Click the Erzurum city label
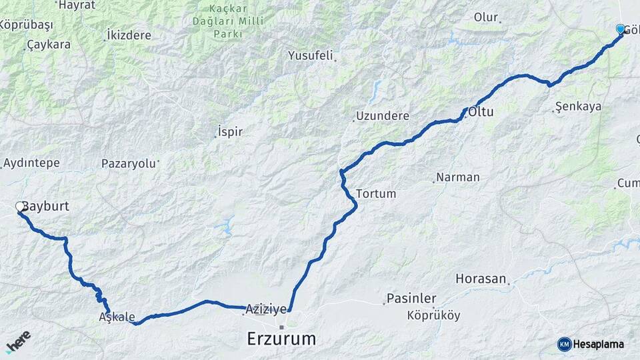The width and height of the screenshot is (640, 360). click(x=281, y=339)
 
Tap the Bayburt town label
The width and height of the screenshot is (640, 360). click(x=46, y=207)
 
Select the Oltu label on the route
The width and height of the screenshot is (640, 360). click(x=481, y=112)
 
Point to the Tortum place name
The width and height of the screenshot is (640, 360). click(x=376, y=194)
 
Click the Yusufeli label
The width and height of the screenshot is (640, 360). click(x=310, y=55)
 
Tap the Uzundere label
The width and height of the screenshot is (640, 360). click(x=382, y=116)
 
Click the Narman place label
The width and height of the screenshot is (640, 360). click(x=457, y=177)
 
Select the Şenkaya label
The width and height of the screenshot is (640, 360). click(x=579, y=107)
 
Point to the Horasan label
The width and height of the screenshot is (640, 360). click(x=481, y=278)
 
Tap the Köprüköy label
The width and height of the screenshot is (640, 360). click(x=433, y=315)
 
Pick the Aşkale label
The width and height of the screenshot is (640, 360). click(x=117, y=317)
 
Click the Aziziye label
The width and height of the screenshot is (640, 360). click(x=266, y=309)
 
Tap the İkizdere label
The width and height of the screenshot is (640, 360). click(x=129, y=35)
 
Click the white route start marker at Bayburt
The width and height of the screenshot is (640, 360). click(x=20, y=207)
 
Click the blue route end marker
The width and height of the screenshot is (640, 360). click(x=621, y=29)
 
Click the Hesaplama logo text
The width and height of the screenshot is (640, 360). click(x=598, y=345)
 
